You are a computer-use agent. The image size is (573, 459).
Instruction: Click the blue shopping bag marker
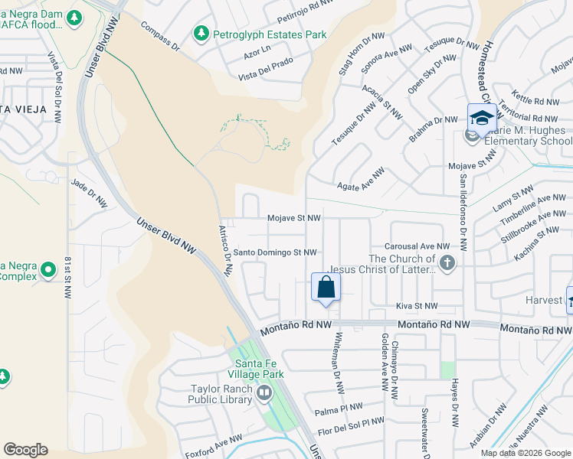[x=326, y=288]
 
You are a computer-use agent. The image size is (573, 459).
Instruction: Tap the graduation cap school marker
[x=482, y=119]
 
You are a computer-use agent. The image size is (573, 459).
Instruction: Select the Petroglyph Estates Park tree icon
[x=201, y=34]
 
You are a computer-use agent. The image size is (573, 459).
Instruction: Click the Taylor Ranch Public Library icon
[x=264, y=393]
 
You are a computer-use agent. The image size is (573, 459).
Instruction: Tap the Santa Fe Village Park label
[x=259, y=369]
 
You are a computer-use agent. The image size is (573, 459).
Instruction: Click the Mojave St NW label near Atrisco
[x=293, y=218]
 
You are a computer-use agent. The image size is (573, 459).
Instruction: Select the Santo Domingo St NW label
[x=274, y=252]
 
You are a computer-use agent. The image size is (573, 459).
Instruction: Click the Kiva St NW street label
[x=416, y=306]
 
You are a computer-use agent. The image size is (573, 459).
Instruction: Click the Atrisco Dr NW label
[x=226, y=249]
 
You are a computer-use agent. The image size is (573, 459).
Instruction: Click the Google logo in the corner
[x=25, y=450]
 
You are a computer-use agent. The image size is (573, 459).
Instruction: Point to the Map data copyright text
[x=526, y=453]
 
